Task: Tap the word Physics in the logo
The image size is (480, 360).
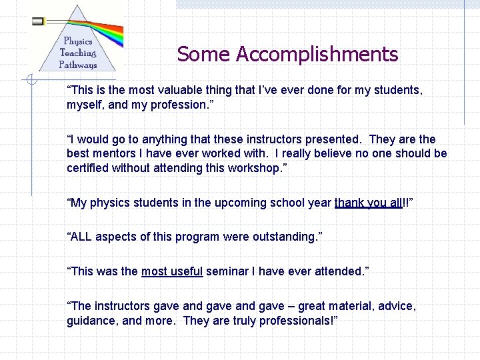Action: (78, 41)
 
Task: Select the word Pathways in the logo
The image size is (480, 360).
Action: (77, 65)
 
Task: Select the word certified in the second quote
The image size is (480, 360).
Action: (89, 169)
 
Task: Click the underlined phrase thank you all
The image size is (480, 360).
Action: (369, 203)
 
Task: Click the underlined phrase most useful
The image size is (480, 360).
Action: (172, 271)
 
